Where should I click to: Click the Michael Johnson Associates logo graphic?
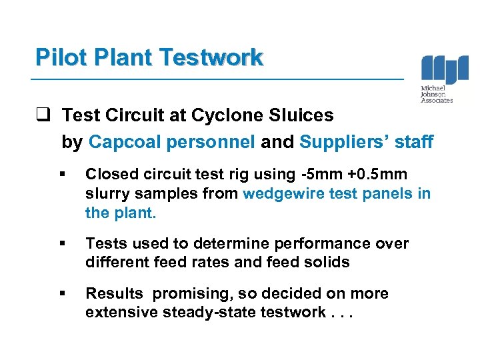point(444,69)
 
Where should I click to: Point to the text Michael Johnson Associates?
point(437,95)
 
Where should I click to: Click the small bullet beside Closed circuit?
point(61,175)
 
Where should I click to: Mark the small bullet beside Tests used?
point(61,244)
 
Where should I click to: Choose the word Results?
point(113,294)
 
